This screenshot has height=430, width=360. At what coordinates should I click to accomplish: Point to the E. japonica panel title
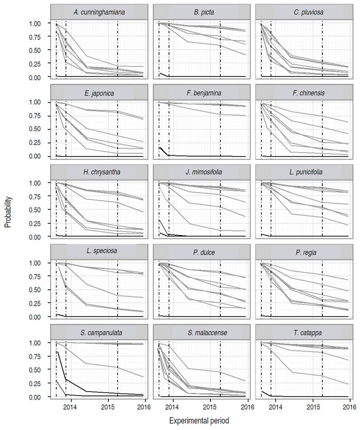click(99, 94)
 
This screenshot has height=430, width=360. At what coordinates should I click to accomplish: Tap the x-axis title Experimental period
click(199, 421)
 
